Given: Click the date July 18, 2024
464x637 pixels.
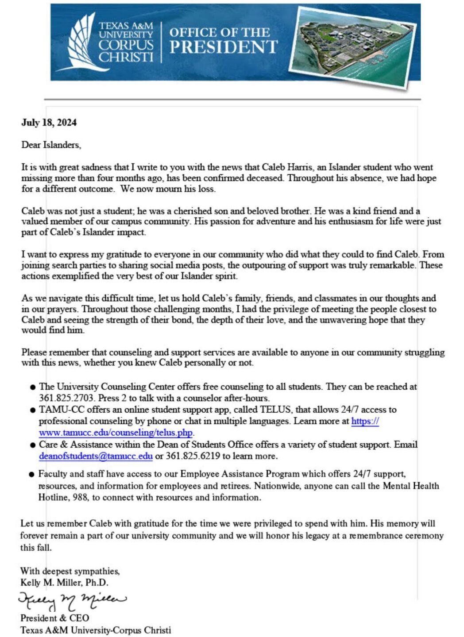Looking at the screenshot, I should coord(49,123).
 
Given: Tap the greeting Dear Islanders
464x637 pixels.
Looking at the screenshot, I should coord(51,145).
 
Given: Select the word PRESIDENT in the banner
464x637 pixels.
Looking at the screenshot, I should coord(223,47).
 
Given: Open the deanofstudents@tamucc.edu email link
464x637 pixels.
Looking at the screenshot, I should coord(96,456).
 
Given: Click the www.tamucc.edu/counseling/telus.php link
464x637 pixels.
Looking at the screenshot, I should coord(116,433).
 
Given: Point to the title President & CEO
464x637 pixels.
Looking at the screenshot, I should coord(54,618).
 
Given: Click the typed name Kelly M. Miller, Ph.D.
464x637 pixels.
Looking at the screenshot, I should coord(64,583).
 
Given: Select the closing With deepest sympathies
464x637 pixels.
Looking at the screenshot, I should coord(70,571).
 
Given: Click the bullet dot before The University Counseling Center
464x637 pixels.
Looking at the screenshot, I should coord(32,388).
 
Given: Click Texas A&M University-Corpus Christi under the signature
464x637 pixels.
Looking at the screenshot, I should coord(95,630).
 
